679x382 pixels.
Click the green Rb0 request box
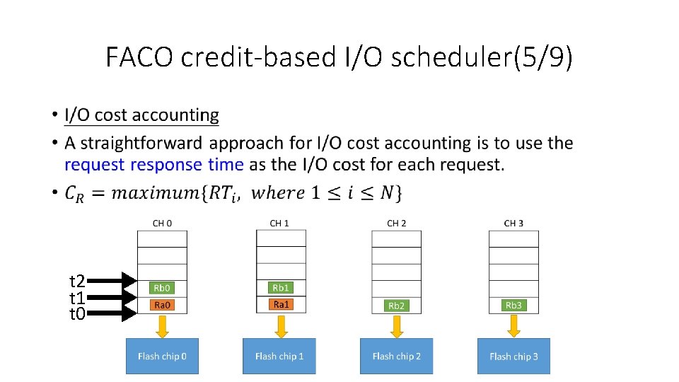click(162, 288)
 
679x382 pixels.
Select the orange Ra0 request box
click(162, 305)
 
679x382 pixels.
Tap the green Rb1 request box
click(281, 288)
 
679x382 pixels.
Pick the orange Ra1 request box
click(281, 304)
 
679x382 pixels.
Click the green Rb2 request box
click(397, 306)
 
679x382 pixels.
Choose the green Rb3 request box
click(513, 305)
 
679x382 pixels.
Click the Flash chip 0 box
click(162, 356)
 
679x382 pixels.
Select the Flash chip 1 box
click(279, 356)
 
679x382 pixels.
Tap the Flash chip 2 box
click(396, 356)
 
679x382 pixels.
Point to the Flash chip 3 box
click(513, 356)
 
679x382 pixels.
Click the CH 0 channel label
click(162, 224)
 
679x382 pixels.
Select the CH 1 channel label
click(279, 224)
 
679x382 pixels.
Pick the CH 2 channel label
click(396, 224)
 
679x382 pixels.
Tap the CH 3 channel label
click(513, 224)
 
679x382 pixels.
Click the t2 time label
click(76, 282)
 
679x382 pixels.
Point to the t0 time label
click(76, 313)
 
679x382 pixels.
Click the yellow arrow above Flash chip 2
click(397, 325)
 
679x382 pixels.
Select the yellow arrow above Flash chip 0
click(162, 325)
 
